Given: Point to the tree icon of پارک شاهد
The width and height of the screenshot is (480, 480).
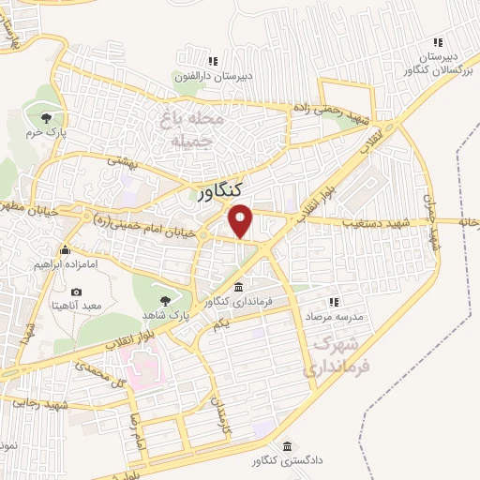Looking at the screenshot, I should tap(166, 301).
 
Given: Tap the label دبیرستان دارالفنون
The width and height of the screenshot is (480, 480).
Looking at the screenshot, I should tap(207, 76).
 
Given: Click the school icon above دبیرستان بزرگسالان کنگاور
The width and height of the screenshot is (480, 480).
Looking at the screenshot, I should tap(437, 42).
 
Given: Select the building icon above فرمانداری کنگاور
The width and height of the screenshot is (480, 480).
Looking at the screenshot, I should tap(239, 286).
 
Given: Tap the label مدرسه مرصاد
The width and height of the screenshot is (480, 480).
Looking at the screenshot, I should tap(330, 316).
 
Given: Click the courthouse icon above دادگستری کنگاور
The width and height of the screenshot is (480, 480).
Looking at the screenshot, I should tap(287, 446).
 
